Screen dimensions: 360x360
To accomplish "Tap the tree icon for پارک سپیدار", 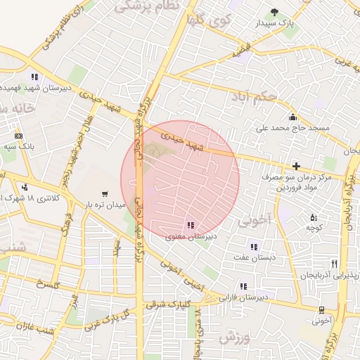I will [x=275, y=12].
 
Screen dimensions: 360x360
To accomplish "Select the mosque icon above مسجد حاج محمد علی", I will [x=292, y=117].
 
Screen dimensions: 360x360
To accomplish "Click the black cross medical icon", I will [x=296, y=167].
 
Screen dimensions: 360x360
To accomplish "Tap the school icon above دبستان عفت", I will [x=254, y=247].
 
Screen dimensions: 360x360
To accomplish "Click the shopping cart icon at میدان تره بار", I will [x=105, y=193].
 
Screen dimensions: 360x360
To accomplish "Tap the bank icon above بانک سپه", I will [x=18, y=136].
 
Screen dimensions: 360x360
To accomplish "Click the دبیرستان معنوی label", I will [x=191, y=237].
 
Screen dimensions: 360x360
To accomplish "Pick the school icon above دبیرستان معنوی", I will [x=191, y=225].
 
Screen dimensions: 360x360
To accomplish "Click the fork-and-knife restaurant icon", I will [x=335, y=264].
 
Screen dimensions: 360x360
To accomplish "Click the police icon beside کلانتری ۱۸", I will [x=25, y=188].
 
